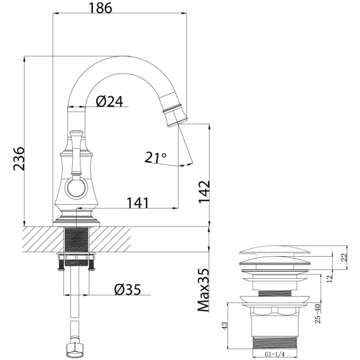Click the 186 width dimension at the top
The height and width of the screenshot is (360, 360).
(100, 8)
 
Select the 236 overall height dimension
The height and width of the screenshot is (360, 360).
(19, 158)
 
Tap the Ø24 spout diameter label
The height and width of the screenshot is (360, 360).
(110, 101)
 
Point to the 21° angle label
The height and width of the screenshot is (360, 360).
(155, 157)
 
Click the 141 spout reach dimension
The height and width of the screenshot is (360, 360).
(138, 203)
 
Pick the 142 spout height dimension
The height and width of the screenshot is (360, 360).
(204, 192)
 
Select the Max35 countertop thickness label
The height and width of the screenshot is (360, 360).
(203, 290)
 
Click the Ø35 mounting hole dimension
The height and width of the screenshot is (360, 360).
(127, 290)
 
